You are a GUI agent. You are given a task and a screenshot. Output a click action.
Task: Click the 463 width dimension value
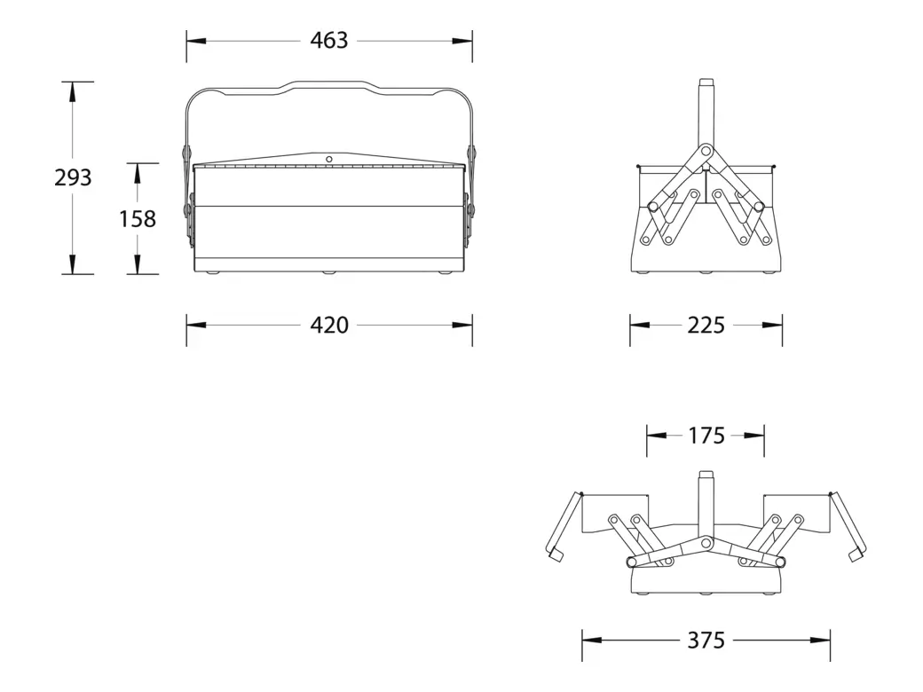point(329,40)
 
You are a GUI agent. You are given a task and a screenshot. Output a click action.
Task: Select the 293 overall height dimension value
point(73,177)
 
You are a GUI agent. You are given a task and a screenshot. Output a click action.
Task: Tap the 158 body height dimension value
point(138,218)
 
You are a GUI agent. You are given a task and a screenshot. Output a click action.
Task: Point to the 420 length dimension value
point(329,326)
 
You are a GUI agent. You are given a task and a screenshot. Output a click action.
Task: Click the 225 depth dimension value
point(706,326)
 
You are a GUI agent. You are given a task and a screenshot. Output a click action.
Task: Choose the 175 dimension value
point(706,436)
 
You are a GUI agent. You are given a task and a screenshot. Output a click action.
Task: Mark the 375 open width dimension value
point(706,640)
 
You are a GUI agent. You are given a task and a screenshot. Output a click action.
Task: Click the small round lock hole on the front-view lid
point(328,159)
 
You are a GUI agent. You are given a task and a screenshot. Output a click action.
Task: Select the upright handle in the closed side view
point(706,111)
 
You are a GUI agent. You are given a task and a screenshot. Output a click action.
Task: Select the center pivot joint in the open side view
point(706,542)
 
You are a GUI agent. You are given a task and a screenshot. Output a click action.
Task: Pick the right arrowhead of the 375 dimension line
point(821,640)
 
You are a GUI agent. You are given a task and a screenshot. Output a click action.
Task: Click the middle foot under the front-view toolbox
point(329,272)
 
